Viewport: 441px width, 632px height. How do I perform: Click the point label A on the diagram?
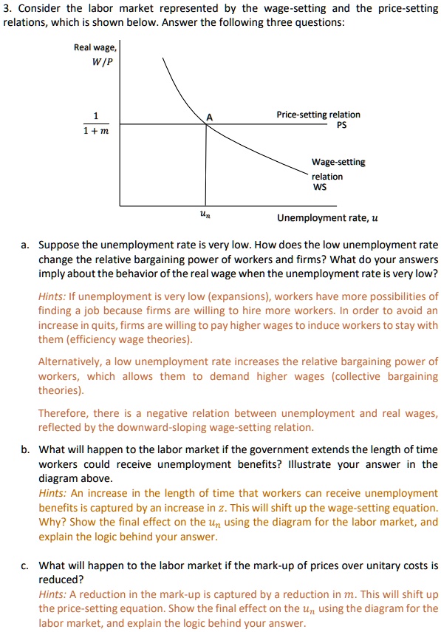(x=209, y=117)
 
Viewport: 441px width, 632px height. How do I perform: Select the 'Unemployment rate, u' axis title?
(x=327, y=218)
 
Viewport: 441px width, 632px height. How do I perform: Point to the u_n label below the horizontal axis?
(x=204, y=214)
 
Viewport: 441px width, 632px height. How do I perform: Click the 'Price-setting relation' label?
(x=318, y=115)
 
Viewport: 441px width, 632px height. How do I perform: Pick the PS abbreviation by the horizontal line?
(x=341, y=126)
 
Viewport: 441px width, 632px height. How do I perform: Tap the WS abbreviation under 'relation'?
(x=319, y=187)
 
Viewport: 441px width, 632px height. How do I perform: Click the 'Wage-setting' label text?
(x=338, y=162)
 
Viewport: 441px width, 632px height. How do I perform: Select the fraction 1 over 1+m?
(x=95, y=123)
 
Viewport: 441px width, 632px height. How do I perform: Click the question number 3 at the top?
(x=7, y=9)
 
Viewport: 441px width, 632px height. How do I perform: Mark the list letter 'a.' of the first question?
(x=26, y=245)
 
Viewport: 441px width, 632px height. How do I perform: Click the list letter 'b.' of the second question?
(x=26, y=449)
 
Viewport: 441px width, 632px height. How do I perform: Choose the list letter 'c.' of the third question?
(x=26, y=565)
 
